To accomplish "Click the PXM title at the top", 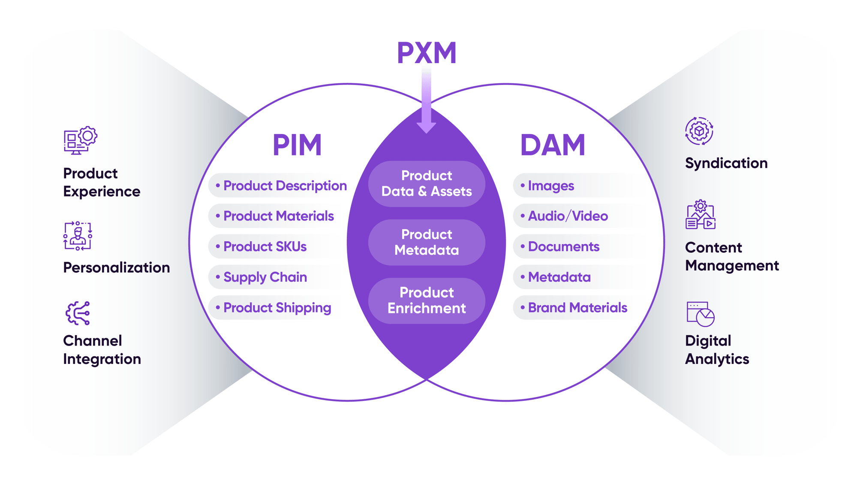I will (427, 53).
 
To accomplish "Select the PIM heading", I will (297, 145).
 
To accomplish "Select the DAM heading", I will (553, 145).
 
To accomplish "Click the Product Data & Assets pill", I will (427, 184).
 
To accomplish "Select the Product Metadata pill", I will (427, 242).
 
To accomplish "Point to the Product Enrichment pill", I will (427, 300).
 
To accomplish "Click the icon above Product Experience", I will (80, 140).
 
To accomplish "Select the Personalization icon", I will (78, 236).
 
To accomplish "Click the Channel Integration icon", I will (78, 313).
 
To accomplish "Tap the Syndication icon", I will (699, 131).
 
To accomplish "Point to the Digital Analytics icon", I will (700, 314).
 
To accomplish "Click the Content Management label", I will (731, 257).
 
